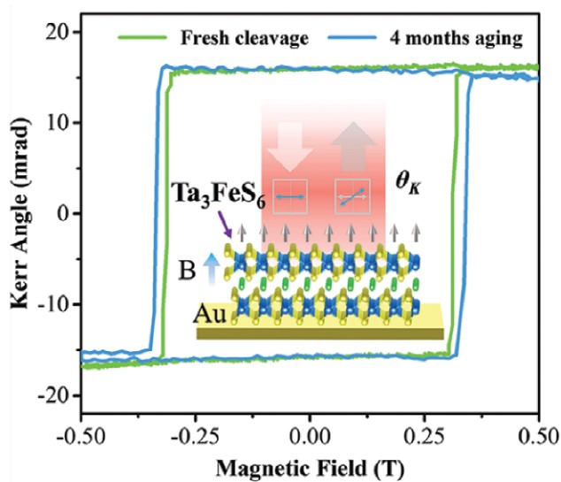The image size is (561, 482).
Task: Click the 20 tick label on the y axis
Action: [58, 32]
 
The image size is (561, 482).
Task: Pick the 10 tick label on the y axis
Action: [58, 123]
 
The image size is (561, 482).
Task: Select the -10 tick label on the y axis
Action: [53, 305]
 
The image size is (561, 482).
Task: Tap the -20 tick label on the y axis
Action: [53, 397]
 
